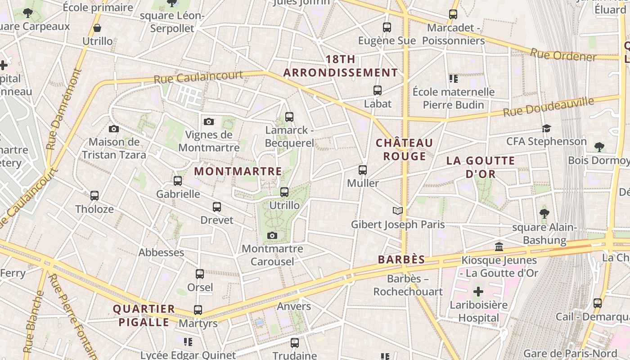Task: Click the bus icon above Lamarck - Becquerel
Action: point(289,117)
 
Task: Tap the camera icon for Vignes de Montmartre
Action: point(209,121)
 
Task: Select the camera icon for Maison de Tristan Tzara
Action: point(114,129)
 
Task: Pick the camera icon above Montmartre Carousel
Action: point(272,235)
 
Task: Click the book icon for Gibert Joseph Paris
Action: point(397,211)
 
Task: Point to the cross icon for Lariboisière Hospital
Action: point(478,292)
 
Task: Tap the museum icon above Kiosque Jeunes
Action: point(499,247)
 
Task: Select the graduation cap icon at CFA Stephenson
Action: point(546,128)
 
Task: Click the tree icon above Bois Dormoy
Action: point(599,147)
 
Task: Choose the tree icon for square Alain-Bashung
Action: point(544,213)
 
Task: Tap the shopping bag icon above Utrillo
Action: point(97,28)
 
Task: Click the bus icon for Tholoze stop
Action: point(94,196)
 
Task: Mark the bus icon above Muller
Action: point(363,170)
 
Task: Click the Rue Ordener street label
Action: point(563,55)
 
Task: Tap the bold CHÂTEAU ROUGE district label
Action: point(404,149)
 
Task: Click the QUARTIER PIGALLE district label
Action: point(144,315)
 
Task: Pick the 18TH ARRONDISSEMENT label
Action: point(340,66)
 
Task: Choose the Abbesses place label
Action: point(161,252)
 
